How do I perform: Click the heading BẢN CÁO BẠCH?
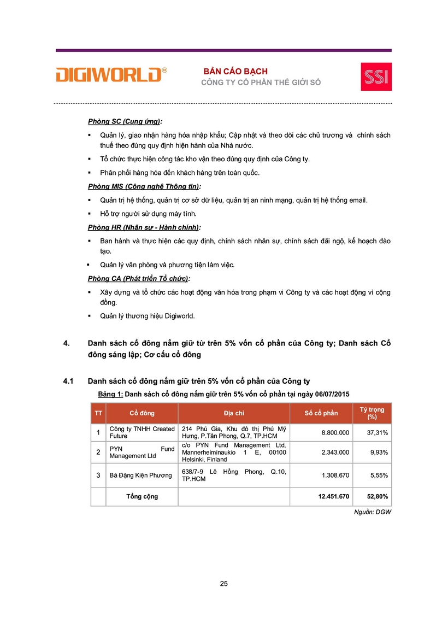[x=235, y=72]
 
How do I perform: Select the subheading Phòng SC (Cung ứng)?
[x=125, y=121]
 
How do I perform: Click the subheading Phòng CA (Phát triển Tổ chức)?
[x=139, y=279]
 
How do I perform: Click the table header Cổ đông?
[x=142, y=413]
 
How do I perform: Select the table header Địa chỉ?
[x=234, y=413]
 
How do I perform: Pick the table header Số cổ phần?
[x=321, y=413]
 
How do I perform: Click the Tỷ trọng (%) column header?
[x=372, y=413]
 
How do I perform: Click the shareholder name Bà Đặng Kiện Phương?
[x=141, y=476]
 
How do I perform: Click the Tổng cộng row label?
[x=142, y=496]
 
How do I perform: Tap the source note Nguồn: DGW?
[x=376, y=512]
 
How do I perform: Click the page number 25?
[x=223, y=584]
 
